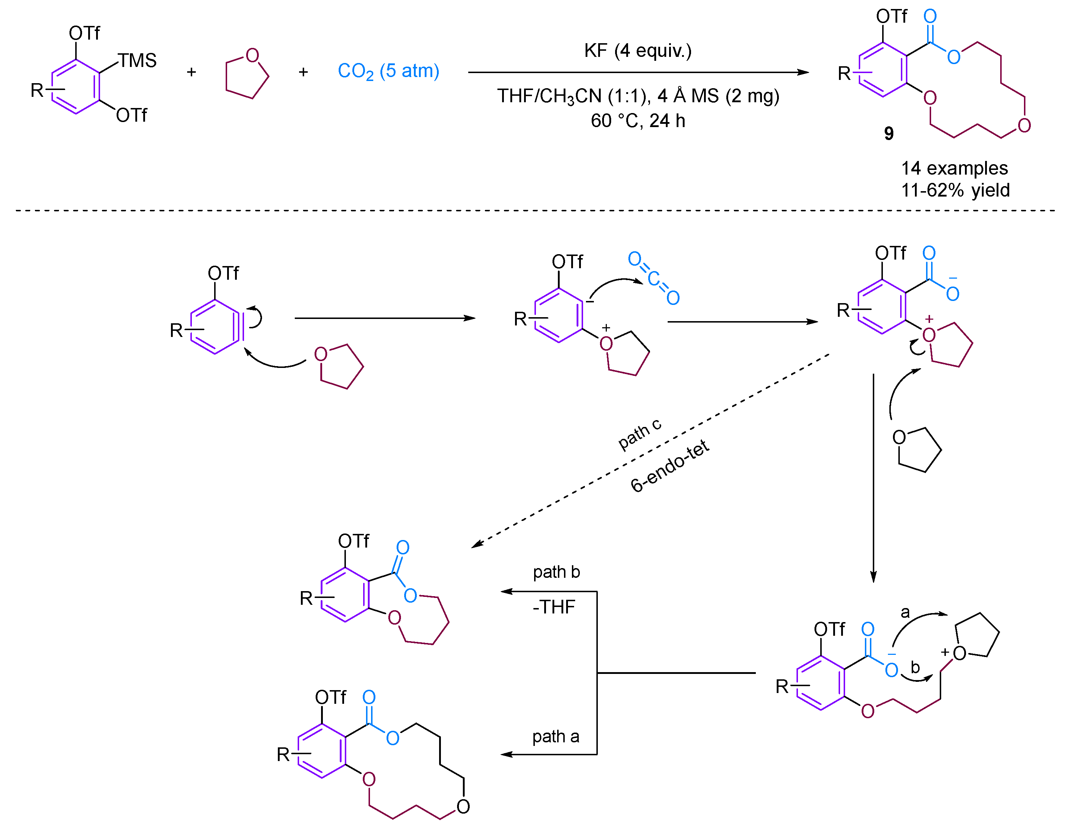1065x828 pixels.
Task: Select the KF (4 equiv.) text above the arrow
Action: pos(637,50)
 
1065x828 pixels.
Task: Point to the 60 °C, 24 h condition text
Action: pos(637,121)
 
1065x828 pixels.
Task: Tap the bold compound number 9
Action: pos(889,134)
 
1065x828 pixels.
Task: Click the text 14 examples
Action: pos(954,168)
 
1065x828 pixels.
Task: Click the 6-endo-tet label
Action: pos(669,466)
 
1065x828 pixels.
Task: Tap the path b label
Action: pos(556,572)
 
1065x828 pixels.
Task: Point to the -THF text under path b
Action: pos(554,607)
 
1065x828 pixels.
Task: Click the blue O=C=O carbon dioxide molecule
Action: pos(654,278)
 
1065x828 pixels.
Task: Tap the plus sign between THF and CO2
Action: pos(303,72)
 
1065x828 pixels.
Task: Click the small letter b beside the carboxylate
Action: pos(915,667)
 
